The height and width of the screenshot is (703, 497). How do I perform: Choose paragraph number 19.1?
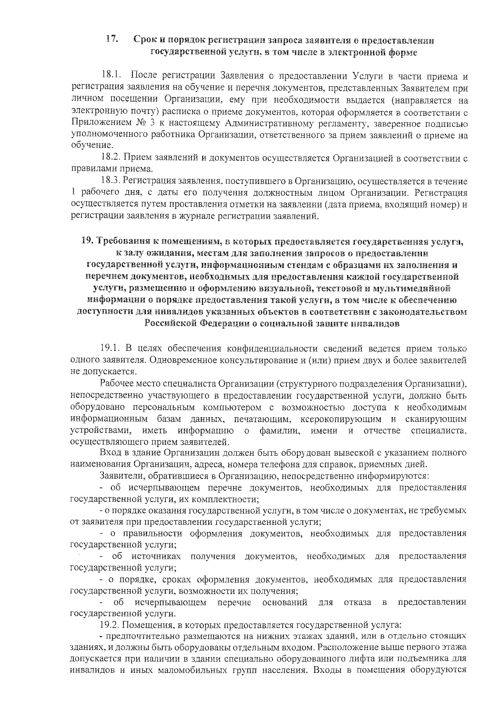point(111,349)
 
